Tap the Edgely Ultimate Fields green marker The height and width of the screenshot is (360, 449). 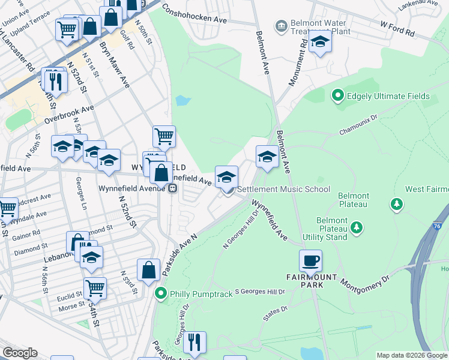click(337, 96)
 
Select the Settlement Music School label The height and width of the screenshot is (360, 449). click(283, 189)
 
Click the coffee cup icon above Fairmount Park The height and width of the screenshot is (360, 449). click(310, 262)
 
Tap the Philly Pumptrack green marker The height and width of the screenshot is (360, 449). click(160, 294)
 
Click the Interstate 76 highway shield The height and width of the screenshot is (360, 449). click(436, 226)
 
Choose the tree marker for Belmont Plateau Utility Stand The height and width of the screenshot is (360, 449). click(357, 227)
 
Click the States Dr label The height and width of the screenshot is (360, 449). click(275, 312)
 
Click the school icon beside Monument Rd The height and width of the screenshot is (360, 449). click(320, 43)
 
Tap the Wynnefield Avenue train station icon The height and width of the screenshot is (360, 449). click(172, 188)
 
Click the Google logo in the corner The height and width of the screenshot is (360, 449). click(20, 353)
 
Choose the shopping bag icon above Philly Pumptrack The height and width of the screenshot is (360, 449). click(148, 271)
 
